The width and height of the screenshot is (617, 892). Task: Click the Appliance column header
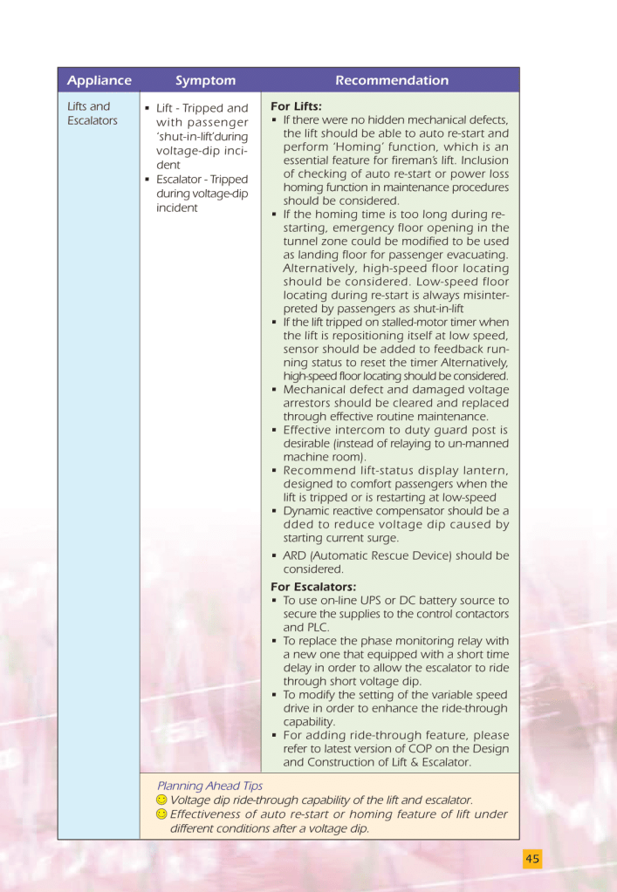99,80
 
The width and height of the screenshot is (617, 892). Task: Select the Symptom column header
205,80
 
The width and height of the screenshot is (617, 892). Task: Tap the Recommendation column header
392,80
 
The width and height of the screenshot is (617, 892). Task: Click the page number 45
532,859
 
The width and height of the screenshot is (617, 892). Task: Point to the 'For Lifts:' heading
296,106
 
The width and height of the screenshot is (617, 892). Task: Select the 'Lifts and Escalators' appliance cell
92,113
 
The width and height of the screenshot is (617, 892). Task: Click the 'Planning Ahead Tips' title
209,786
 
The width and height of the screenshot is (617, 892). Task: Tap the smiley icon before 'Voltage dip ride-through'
161,800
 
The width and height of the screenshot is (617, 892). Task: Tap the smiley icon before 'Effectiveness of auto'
161,814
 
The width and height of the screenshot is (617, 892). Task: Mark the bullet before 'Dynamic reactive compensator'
275,511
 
